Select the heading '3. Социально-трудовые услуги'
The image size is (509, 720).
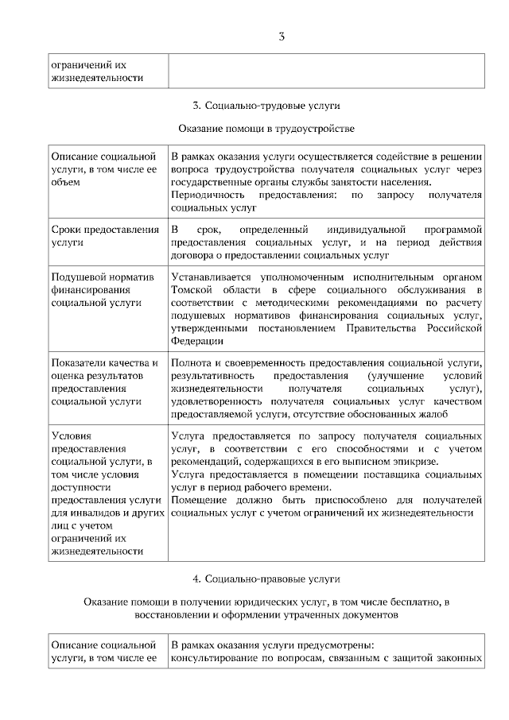click(x=262, y=106)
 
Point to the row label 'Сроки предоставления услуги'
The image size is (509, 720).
click(x=104, y=236)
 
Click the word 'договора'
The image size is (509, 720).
click(x=191, y=255)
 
